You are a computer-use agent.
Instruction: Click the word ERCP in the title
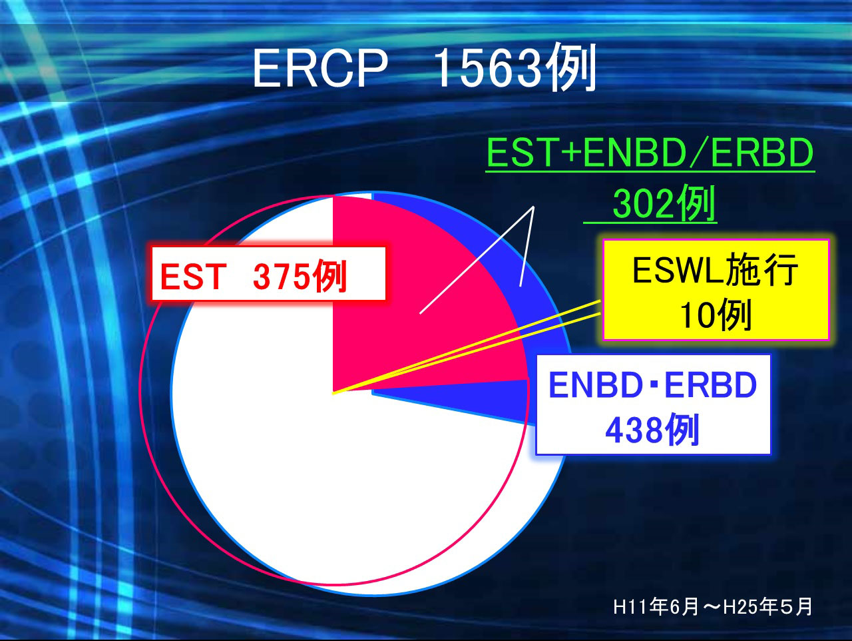320,68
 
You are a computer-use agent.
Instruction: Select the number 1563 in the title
488,69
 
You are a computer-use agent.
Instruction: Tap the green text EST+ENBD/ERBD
650,153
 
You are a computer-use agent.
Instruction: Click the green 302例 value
664,203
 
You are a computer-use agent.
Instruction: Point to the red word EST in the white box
193,277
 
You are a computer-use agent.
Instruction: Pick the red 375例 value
300,277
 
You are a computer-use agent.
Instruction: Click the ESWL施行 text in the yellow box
715,270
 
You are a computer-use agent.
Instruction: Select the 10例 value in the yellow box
715,315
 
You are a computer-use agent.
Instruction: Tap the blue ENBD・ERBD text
652,384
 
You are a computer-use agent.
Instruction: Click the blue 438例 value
652,429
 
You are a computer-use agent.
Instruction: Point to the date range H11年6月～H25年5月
713,607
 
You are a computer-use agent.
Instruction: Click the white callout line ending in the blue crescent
527,247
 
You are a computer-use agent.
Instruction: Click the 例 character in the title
570,66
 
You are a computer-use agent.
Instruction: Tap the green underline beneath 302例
650,223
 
